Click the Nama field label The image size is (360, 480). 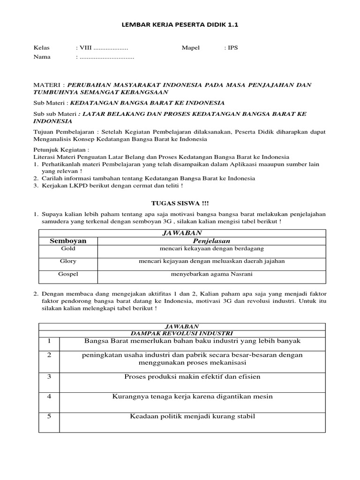pyautogui.click(x=42, y=57)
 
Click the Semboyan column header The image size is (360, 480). pyautogui.click(x=68, y=241)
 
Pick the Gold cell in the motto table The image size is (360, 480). pyautogui.click(x=68, y=248)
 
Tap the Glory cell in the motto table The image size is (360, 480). pyautogui.click(x=68, y=261)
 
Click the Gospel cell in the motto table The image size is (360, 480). pyautogui.click(x=68, y=274)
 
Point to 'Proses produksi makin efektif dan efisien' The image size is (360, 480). pyautogui.click(x=192, y=377)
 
